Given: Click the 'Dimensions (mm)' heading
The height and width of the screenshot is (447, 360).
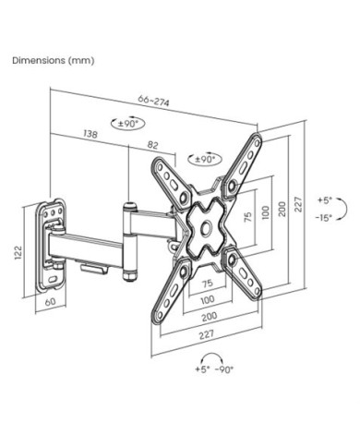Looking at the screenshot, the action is click(54, 60).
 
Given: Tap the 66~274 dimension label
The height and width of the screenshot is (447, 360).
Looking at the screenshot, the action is click(153, 101).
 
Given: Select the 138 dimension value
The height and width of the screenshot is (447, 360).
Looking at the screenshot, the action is click(90, 134).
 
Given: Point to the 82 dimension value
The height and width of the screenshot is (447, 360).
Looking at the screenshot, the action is click(152, 145).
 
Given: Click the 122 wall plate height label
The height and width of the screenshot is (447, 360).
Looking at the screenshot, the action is click(18, 253).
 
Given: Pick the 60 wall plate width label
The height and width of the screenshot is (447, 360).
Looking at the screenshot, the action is click(51, 302).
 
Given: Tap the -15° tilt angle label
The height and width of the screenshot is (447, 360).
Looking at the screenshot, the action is click(323, 218).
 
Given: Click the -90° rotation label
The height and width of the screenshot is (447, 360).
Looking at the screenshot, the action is click(224, 369).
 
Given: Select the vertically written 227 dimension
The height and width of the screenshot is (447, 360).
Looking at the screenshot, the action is click(298, 204).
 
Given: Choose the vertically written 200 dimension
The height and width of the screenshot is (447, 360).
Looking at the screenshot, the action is click(282, 209).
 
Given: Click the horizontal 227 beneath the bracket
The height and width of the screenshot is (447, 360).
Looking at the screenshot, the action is click(207, 334).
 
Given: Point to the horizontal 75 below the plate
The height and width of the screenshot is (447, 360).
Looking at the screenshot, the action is click(208, 283).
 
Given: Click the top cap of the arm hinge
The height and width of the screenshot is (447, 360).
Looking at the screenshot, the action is click(130, 205).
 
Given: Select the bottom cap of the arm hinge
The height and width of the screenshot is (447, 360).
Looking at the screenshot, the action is click(130, 275).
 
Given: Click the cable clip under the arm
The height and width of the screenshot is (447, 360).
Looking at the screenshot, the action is click(95, 268).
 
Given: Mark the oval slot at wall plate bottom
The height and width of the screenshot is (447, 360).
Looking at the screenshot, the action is click(53, 280).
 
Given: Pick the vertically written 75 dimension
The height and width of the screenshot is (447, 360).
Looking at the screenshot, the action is click(248, 217).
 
